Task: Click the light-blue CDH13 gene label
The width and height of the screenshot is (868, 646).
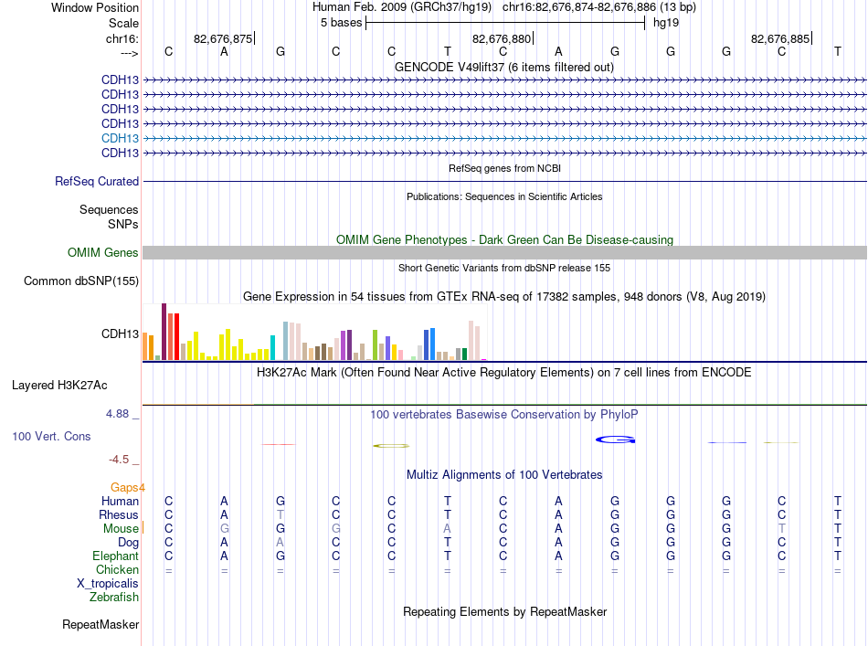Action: [x=120, y=138]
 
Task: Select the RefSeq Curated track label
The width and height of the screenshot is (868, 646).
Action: [x=97, y=182]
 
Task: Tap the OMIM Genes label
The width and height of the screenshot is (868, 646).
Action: [x=102, y=253]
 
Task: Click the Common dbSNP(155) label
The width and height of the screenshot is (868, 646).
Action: [x=80, y=281]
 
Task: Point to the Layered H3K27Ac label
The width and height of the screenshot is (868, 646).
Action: [x=59, y=386]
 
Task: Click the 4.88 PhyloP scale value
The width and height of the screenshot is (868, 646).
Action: [x=117, y=414]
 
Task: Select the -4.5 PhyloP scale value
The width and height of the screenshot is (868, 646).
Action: [x=119, y=460]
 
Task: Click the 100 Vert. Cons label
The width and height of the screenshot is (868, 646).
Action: [x=51, y=437]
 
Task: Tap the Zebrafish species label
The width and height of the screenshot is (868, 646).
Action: [x=114, y=598]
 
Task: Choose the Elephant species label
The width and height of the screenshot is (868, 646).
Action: [x=116, y=556]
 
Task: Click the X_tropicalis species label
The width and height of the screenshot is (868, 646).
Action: [x=108, y=584]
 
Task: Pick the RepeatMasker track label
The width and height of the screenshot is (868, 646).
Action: [x=101, y=625]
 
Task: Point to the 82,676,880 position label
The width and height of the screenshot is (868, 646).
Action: [x=502, y=38]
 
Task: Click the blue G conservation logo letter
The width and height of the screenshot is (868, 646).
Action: [x=615, y=439]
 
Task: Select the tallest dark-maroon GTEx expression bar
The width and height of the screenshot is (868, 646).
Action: [x=164, y=332]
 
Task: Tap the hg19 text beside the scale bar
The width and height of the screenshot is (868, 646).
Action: [x=666, y=23]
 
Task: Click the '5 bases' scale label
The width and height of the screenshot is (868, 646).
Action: [x=341, y=23]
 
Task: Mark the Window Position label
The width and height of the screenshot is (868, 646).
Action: [x=95, y=7]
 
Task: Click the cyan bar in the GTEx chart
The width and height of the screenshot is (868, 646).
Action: [x=272, y=347]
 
